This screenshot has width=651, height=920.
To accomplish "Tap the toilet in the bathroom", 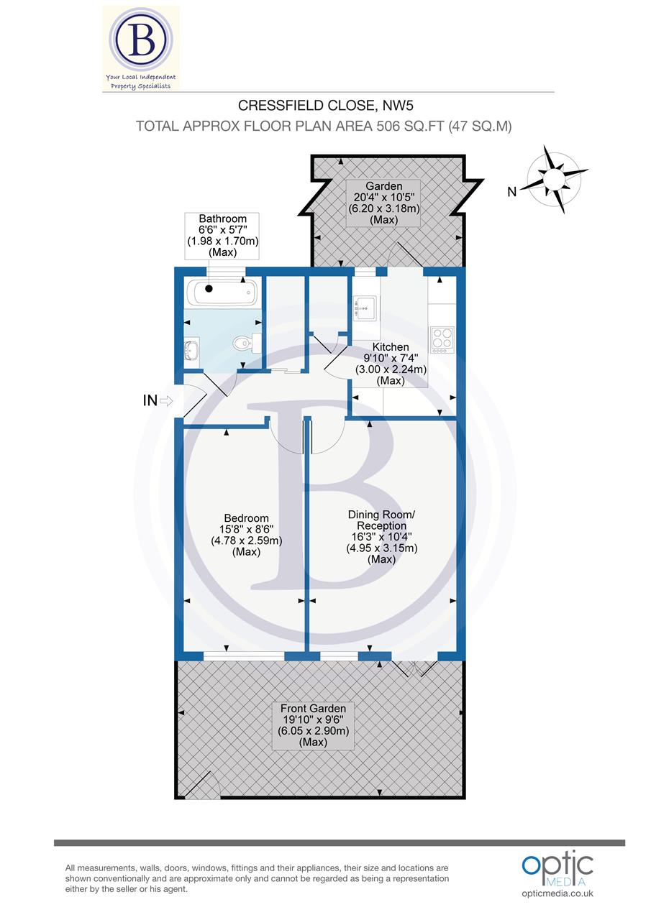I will [242, 345].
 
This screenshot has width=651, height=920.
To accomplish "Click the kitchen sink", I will [365, 308].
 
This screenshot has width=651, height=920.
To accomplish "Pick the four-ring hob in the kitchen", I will [441, 339].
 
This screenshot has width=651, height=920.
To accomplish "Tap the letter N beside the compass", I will [512, 191].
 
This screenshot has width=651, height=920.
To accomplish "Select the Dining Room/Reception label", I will [381, 536].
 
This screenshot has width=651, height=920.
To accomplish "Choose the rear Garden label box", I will [383, 203].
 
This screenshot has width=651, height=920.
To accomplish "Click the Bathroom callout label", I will [223, 236].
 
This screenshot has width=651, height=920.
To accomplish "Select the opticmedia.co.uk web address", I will [557, 893].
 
